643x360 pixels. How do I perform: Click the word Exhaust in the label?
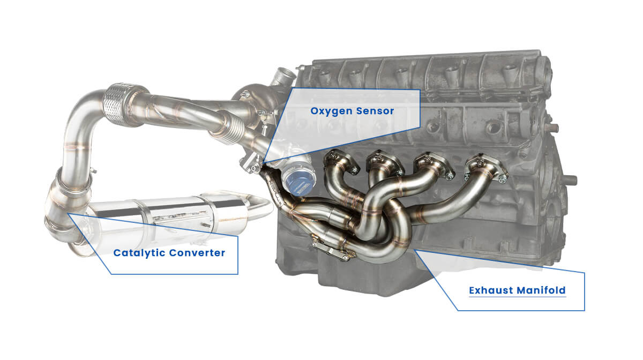(x=490, y=291)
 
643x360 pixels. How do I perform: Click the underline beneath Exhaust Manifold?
(x=517, y=298)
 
